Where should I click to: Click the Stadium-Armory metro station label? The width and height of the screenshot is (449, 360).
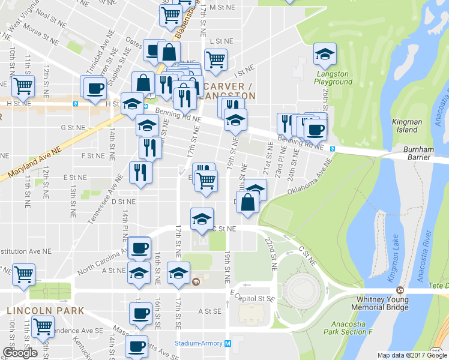coord(198,343)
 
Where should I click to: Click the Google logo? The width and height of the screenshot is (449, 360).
coord(20,353)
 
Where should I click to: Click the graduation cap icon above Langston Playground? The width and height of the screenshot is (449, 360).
coord(325,55)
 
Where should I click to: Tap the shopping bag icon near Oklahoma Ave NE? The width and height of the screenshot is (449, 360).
coord(248,202)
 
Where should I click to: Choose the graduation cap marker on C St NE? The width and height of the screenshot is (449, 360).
coord(202,219)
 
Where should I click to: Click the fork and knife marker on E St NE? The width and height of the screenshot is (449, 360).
coord(141,173)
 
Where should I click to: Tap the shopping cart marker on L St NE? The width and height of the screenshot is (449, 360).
coord(215,59)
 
